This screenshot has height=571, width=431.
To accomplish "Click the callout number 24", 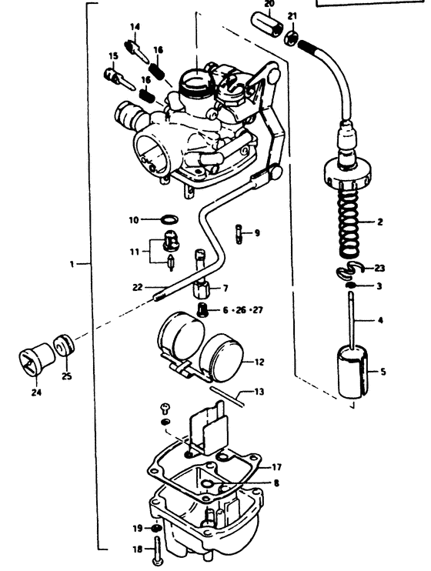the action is pyautogui.click(x=36, y=392).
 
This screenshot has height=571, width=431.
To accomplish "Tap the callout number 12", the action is pyautogui.click(x=259, y=362).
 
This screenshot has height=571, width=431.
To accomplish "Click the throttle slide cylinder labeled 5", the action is pyautogui.click(x=352, y=372).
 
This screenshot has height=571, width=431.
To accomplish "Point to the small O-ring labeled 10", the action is pyautogui.click(x=170, y=219).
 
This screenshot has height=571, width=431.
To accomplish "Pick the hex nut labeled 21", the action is pyautogui.click(x=292, y=36).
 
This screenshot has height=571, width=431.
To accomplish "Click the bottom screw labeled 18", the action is pyautogui.click(x=157, y=552).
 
